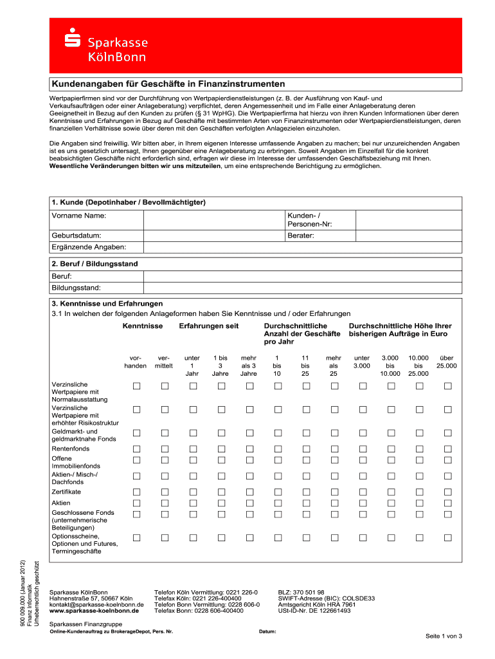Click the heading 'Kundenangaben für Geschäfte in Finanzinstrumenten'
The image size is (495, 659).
coord(168,84)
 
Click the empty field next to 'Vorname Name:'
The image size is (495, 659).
coord(213,219)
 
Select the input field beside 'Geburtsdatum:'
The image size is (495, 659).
coord(213,236)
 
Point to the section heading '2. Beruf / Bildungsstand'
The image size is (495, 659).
coord(94,264)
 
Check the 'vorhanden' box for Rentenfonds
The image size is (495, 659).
coord(136,448)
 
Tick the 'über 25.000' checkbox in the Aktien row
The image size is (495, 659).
coord(448,503)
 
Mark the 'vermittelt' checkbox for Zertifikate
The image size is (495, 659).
coord(165,492)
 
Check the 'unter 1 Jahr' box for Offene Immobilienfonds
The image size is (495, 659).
coord(192,460)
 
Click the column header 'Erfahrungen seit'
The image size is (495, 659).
coord(209,326)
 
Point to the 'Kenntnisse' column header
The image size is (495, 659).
coord(143,326)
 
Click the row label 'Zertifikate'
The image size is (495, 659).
coord(66,492)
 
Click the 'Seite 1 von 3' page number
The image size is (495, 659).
coord(444,636)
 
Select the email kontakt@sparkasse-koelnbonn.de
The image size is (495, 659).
coord(96,604)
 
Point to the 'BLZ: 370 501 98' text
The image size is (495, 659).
coord(301,591)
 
